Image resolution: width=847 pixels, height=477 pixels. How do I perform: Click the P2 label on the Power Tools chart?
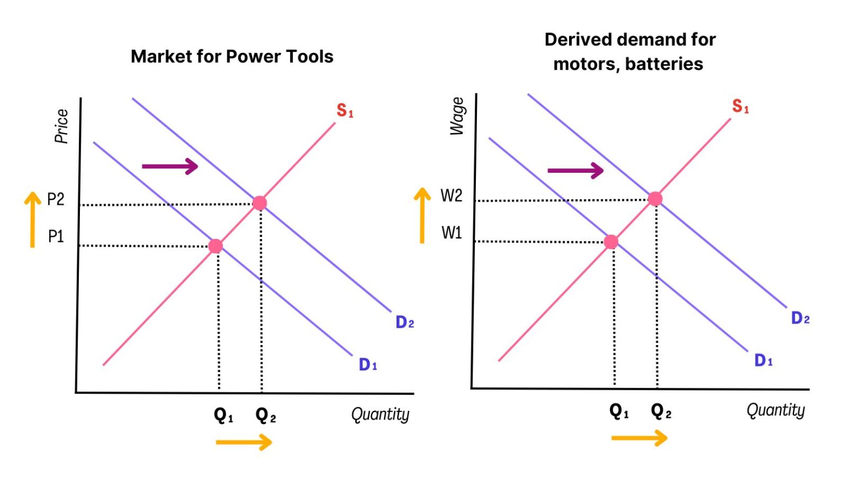click(56, 199)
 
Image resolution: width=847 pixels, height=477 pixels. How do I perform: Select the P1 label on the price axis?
click(56, 237)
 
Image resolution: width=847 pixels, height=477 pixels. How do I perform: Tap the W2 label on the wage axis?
click(451, 195)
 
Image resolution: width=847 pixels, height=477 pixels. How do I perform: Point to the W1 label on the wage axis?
click(451, 233)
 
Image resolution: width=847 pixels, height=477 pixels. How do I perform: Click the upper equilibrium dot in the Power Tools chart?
click(260, 203)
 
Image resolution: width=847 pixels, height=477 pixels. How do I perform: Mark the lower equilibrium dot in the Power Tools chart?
click(216, 246)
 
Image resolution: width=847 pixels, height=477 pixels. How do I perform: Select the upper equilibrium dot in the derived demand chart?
click(655, 199)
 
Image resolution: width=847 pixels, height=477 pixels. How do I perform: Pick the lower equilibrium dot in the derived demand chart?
click(611, 242)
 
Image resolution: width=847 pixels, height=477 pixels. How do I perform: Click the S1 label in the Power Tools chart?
click(345, 110)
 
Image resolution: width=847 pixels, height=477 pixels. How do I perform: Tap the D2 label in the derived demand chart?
click(800, 318)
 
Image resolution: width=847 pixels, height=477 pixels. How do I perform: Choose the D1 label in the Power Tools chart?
click(368, 364)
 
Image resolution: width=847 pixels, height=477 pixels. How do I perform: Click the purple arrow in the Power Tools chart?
click(170, 166)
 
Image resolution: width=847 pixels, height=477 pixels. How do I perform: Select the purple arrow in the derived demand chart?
click(575, 171)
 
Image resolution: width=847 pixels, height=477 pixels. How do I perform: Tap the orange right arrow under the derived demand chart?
click(639, 438)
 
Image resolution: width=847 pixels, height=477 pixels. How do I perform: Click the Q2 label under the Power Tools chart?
click(265, 415)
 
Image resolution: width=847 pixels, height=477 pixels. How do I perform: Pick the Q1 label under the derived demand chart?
click(619, 411)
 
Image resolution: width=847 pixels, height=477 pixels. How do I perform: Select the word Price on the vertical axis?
click(61, 126)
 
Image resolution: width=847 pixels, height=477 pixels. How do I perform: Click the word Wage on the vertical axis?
click(457, 116)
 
